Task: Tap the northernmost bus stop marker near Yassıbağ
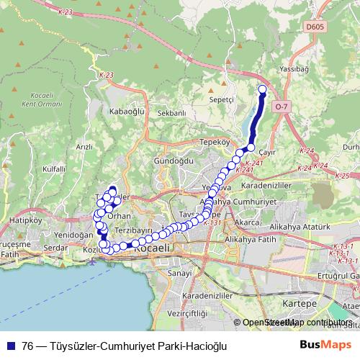262,90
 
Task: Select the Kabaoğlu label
127,112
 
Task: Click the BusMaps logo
326,346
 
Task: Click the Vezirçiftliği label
185,313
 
